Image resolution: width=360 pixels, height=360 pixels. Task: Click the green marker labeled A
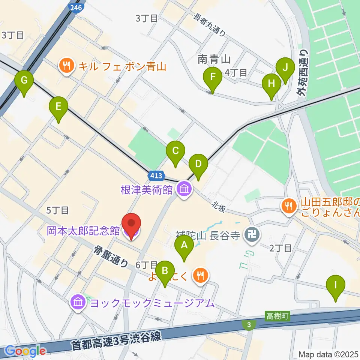click(184, 246)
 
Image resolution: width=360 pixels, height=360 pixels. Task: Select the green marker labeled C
click(175, 151)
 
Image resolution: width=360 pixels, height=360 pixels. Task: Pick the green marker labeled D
click(198, 164)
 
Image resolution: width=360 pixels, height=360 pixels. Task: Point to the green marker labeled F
click(212, 78)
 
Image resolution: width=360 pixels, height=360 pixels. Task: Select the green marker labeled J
click(285, 68)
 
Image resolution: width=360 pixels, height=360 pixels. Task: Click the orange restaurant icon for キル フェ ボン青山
click(66, 67)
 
